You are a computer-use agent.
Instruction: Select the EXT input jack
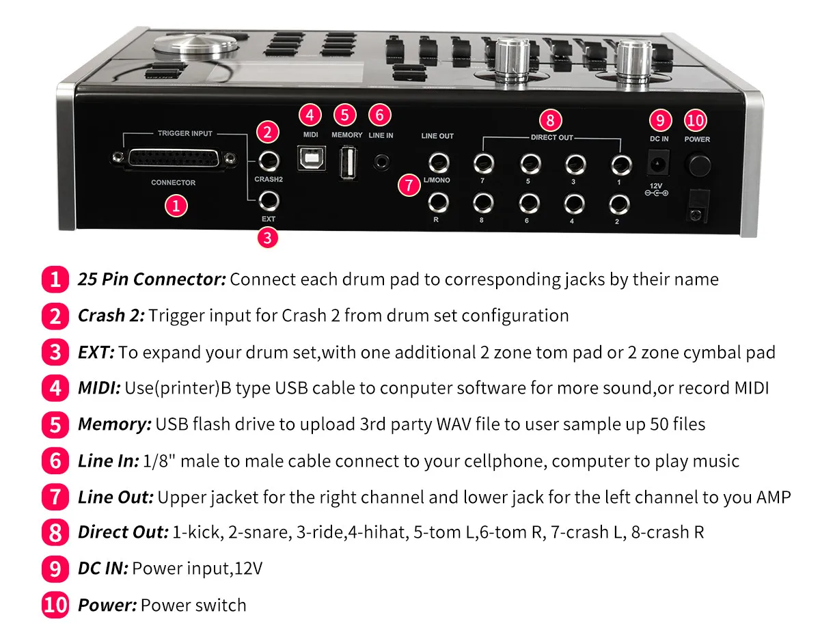[x=267, y=200]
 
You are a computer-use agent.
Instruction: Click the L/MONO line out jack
[x=437, y=163]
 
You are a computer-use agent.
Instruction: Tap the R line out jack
[x=437, y=202]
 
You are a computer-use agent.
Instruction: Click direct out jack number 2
[x=618, y=203]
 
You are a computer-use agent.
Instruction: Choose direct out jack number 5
[x=528, y=163]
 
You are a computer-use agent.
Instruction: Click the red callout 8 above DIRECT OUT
[x=550, y=120]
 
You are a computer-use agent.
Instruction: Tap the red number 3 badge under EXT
[x=268, y=238]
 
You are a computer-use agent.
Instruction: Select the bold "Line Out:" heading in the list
[x=115, y=497]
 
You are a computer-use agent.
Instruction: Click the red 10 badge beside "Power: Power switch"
[x=55, y=605]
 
